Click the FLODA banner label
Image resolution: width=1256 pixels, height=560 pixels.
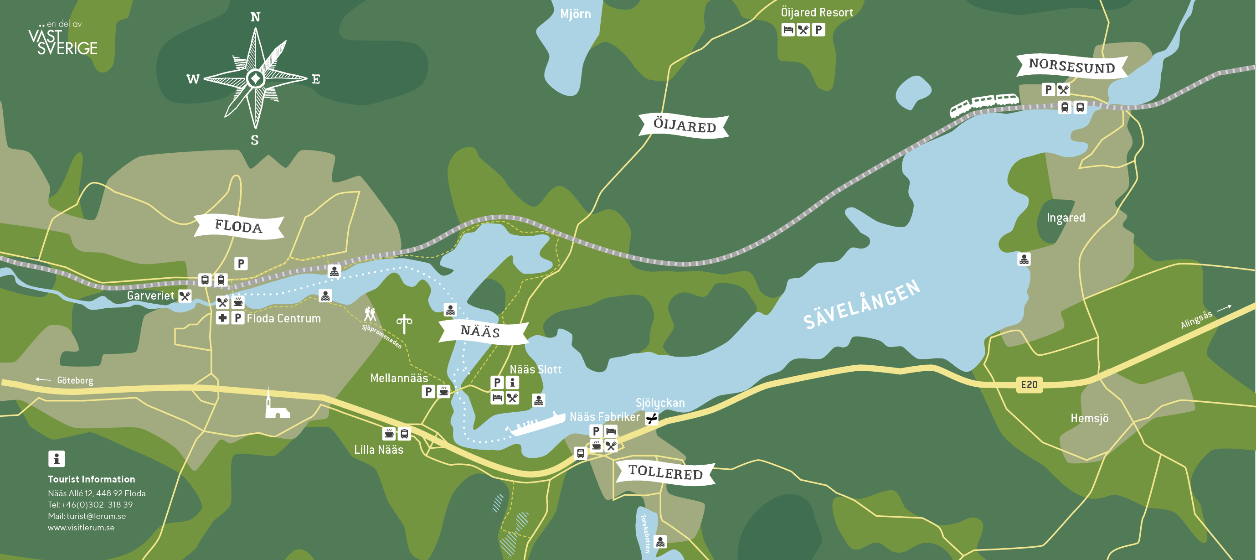238,226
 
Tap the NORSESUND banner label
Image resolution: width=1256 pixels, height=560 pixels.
1072,66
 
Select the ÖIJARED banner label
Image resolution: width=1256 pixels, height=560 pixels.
684,126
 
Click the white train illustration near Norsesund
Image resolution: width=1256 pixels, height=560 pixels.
984,104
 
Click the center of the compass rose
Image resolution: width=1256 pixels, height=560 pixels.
255,78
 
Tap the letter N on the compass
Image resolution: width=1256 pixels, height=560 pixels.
255,17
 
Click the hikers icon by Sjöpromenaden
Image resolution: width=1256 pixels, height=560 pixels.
370,314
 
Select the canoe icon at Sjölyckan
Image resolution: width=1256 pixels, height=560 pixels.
651,419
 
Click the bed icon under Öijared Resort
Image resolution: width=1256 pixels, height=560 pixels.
788,30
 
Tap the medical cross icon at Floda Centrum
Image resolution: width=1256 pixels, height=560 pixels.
222,318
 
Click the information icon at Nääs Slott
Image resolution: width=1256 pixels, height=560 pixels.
512,383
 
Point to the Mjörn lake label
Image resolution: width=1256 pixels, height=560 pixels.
575,14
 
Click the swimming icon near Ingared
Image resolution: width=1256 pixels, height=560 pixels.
1024,259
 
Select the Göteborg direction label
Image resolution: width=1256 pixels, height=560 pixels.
75,380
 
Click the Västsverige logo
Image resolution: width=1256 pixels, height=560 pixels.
62,39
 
